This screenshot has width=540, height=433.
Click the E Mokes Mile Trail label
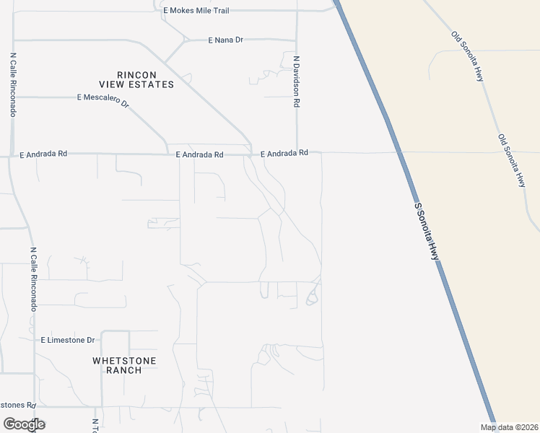pos(196,11)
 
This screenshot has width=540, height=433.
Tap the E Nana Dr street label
pos(225,40)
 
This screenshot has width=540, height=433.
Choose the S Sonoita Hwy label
pos(427,231)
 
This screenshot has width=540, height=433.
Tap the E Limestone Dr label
pos(68,340)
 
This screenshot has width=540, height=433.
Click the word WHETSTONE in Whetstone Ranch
pos(124,360)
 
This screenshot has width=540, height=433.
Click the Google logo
pos(24,424)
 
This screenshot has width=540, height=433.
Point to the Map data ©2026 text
pos(509,427)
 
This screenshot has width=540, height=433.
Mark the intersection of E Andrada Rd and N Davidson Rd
pos(297,153)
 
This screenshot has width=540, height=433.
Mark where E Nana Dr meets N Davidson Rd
pos(297,40)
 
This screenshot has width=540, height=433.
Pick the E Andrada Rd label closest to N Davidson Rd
pos(284,153)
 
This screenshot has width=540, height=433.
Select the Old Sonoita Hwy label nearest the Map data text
pos(511,160)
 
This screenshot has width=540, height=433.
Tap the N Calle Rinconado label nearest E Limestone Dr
pos(33,280)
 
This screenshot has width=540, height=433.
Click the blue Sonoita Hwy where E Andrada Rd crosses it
pos(398,152)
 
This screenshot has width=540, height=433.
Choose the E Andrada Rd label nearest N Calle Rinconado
pos(43,154)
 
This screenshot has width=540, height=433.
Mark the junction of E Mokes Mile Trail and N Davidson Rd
pos(297,11)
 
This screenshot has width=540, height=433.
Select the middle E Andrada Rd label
pos(200,154)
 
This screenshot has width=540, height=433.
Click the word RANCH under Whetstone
pos(124,370)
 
